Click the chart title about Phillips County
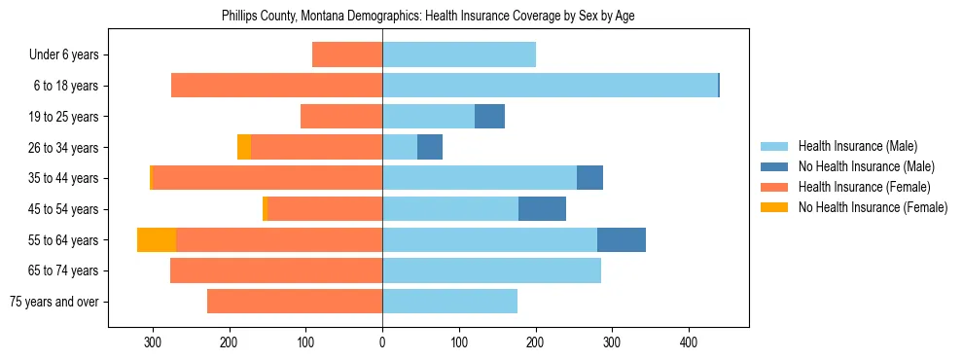pyautogui.click(x=428, y=17)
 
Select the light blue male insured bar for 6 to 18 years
pyautogui.click(x=550, y=86)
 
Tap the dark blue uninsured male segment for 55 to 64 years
pyautogui.click(x=622, y=239)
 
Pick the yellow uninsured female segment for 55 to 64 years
pyautogui.click(x=157, y=239)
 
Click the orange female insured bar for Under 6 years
pyautogui.click(x=347, y=54)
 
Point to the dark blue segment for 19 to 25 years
pyautogui.click(x=489, y=117)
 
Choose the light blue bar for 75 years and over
pyautogui.click(x=449, y=301)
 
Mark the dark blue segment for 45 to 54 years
pyautogui.click(x=542, y=208)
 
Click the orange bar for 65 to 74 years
pyautogui.click(x=276, y=270)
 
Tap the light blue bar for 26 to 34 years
pyautogui.click(x=400, y=147)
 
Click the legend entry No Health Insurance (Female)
pyautogui.click(x=873, y=207)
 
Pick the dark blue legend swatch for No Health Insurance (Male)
pyautogui.click(x=775, y=166)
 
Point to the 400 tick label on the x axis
pyautogui.click(x=689, y=342)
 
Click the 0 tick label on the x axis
pyautogui.click(x=382, y=342)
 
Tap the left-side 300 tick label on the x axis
pyautogui.click(x=153, y=342)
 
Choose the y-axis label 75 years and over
pyautogui.click(x=53, y=302)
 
